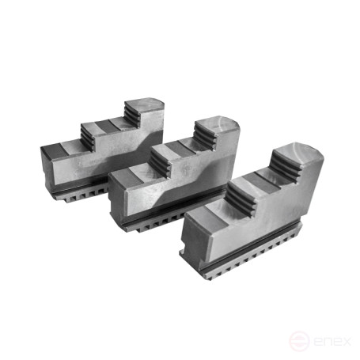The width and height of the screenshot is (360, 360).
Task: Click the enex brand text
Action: click(x=332, y=341)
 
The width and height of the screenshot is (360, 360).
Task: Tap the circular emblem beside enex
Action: click(x=298, y=341)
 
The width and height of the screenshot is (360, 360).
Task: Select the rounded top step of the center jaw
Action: click(x=217, y=126)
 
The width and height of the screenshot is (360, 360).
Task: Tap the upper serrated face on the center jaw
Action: click(x=205, y=135)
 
